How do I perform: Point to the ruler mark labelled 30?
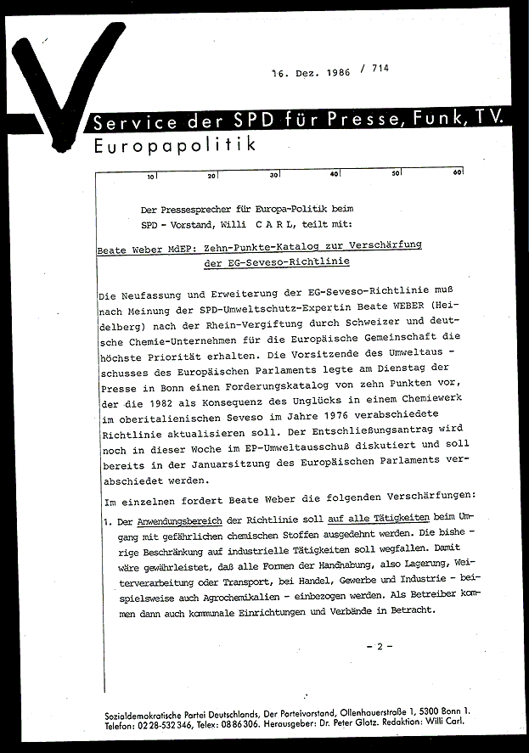(274, 176)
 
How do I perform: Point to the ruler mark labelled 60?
(457, 173)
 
